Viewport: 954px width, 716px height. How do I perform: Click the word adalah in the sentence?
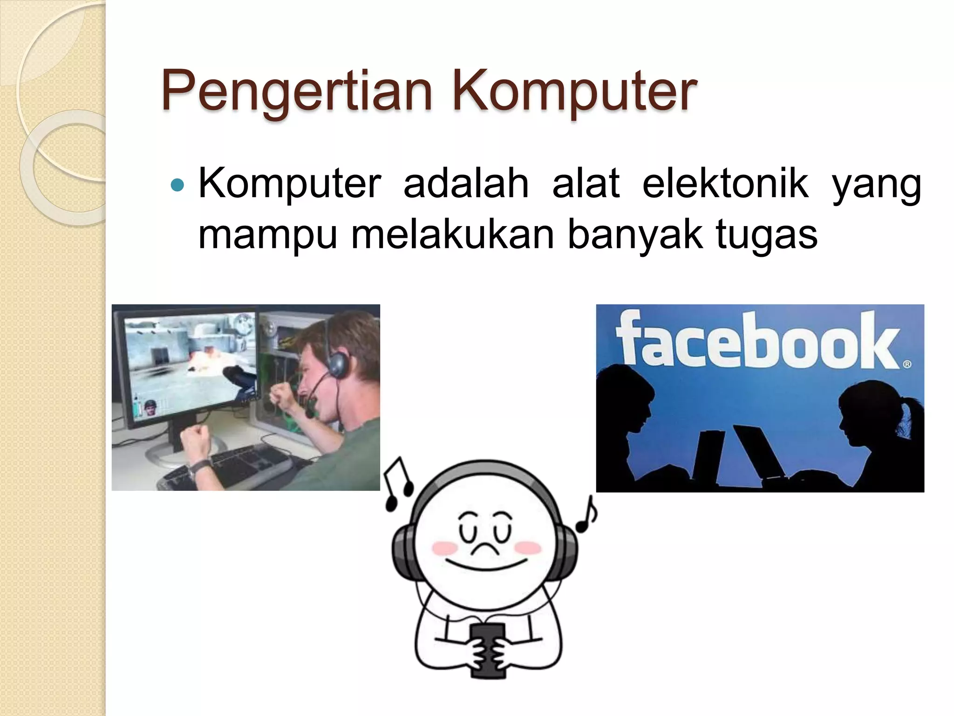[466, 184]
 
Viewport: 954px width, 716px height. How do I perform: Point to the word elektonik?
[725, 184]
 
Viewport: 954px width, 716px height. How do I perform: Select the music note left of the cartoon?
[398, 484]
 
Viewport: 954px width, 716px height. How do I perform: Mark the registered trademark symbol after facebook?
[906, 364]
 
